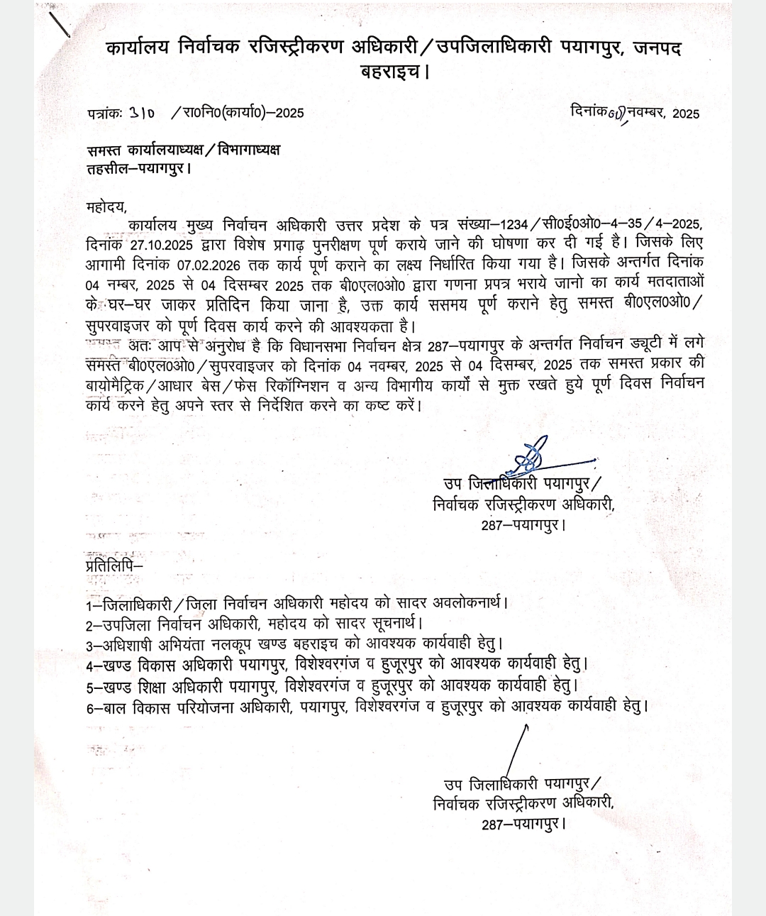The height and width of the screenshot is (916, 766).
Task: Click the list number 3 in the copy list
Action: [x=89, y=646]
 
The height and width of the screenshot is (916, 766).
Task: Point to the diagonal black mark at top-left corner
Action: [x=62, y=24]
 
